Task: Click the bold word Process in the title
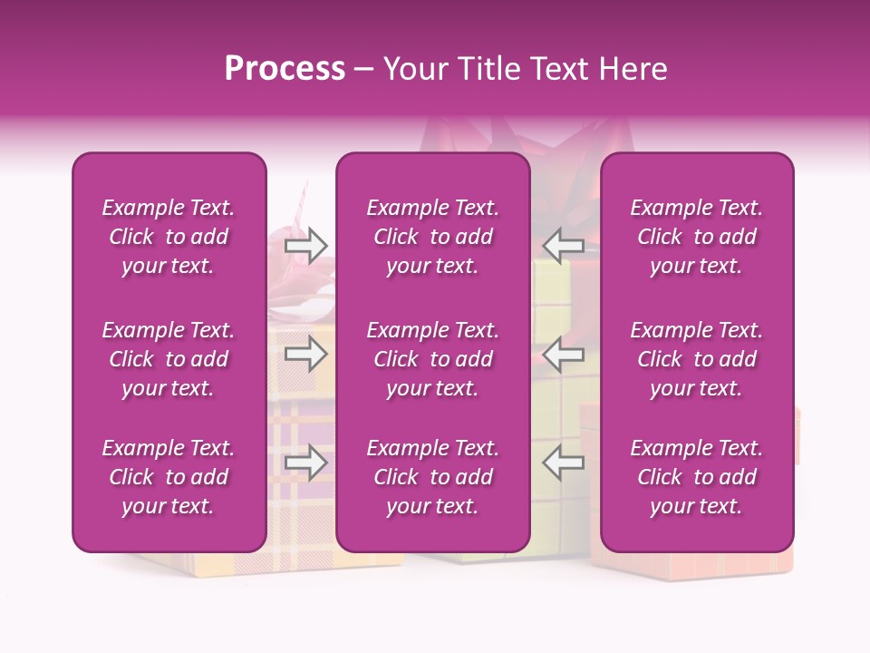point(285,69)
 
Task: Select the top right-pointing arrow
point(306,246)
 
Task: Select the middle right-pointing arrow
point(306,354)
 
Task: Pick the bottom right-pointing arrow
point(306,463)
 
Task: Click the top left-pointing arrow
point(563,246)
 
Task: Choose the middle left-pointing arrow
point(563,354)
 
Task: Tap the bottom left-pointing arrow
point(563,463)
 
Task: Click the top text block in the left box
point(169,237)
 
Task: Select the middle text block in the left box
point(169,359)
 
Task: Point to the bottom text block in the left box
point(169,477)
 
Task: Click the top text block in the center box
point(433,237)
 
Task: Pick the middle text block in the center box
point(433,359)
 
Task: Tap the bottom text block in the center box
point(433,477)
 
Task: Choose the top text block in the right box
point(697,237)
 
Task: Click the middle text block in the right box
point(697,359)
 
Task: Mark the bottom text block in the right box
point(697,477)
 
